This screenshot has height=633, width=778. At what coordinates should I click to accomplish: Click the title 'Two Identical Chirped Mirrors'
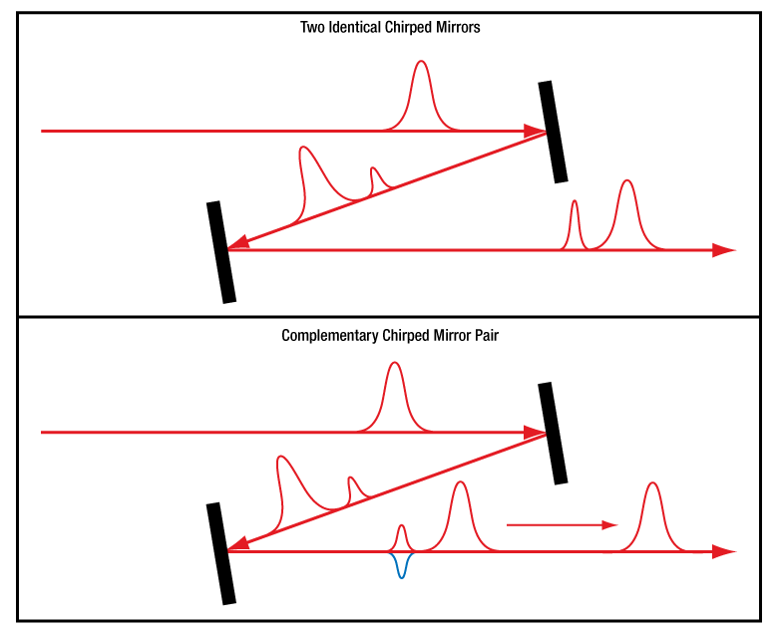[390, 28]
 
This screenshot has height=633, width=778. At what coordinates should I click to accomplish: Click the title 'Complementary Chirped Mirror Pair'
[390, 336]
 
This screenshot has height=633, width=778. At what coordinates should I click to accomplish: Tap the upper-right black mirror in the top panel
[553, 132]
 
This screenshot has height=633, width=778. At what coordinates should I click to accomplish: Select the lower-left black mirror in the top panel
[221, 251]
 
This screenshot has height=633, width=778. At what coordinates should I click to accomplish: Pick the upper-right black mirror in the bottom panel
[553, 433]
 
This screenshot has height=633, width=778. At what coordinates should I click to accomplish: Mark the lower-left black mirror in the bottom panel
[221, 553]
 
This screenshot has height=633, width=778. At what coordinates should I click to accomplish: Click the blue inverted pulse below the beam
[401, 566]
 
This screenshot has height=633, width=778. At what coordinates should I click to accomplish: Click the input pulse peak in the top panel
[421, 66]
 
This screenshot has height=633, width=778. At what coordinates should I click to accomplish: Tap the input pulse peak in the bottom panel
[394, 367]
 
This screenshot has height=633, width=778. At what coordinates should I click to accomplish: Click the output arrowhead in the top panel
[724, 250]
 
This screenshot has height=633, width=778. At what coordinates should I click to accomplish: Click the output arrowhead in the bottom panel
[724, 551]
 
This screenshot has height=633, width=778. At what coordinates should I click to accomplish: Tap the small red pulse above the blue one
[401, 530]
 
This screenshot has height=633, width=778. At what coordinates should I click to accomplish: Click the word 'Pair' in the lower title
[485, 336]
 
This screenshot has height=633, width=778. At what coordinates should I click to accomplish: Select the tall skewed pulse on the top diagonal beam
[305, 159]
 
